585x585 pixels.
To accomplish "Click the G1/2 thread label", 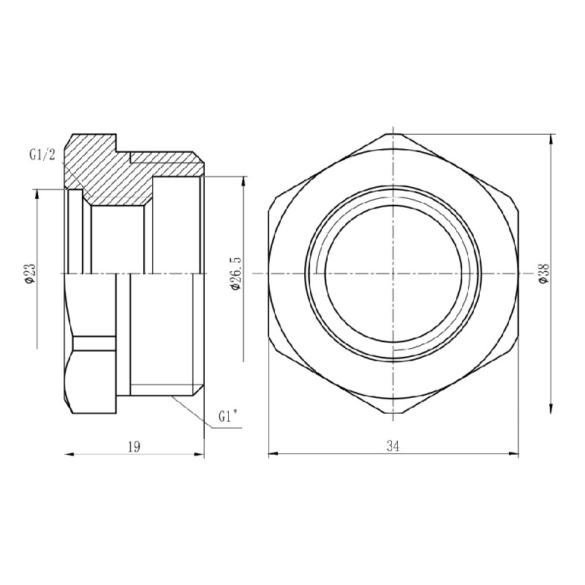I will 42,154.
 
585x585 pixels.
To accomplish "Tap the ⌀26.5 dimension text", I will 235,273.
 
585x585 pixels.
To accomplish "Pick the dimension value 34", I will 393,445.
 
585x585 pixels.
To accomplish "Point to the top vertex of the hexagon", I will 393,133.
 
